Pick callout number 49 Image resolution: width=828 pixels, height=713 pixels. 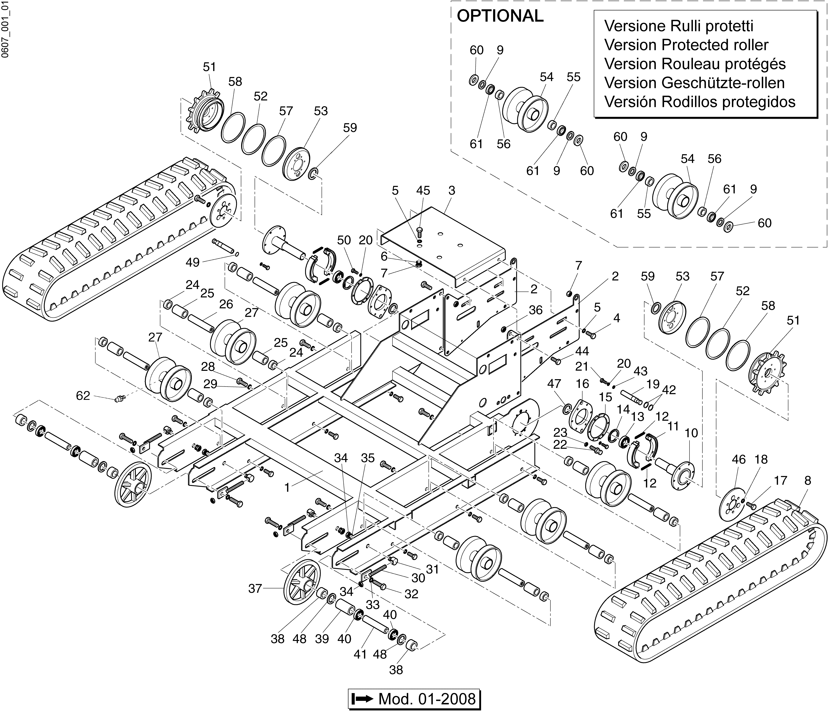tap(193, 263)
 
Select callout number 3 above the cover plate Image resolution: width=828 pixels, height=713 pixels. tap(452, 191)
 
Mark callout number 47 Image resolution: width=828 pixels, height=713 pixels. tap(554, 384)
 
